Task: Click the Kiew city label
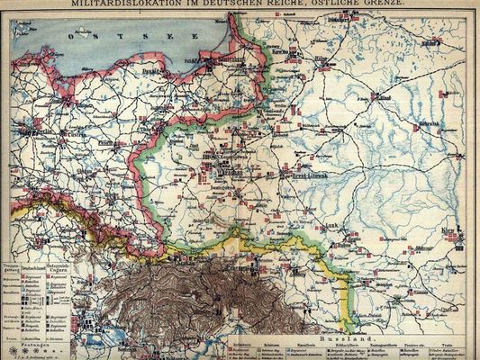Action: [449, 232]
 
